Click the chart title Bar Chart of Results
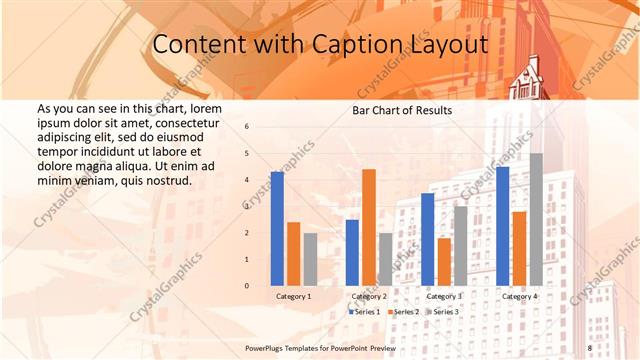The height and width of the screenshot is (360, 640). point(402,110)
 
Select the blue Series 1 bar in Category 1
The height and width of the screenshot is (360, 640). point(277,229)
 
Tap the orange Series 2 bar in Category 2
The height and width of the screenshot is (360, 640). point(369,227)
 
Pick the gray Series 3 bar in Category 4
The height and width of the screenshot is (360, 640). point(536,219)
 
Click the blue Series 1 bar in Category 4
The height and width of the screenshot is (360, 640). point(502,226)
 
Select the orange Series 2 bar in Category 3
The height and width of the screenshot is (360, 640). point(444,262)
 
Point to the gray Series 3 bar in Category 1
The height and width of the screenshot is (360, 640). point(310,259)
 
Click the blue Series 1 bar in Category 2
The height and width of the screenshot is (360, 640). point(352,252)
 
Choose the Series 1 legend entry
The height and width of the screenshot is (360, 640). point(364,312)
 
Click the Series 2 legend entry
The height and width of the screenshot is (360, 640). point(402,312)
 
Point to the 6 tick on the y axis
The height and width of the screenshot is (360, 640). point(247,127)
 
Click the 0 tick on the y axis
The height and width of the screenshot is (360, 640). point(247,286)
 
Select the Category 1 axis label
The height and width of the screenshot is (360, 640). point(294,296)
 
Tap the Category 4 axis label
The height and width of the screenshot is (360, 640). point(519,296)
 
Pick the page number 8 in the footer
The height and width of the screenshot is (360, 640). point(589,347)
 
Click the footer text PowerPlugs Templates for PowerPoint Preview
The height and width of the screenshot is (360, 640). point(320,347)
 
